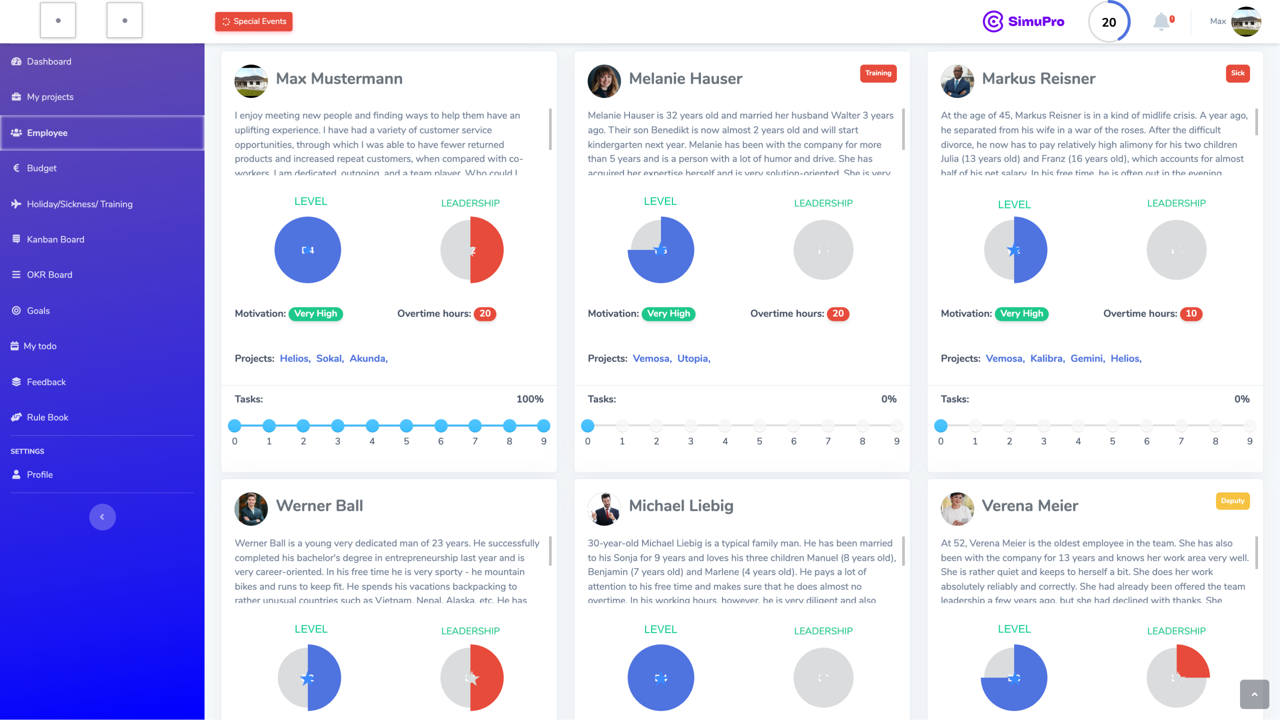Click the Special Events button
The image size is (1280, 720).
click(254, 21)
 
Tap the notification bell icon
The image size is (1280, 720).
click(1161, 21)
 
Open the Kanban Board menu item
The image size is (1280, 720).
click(55, 239)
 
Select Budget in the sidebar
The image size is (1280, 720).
click(41, 168)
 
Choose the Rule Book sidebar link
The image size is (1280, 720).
click(47, 417)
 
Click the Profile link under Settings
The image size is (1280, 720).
click(39, 475)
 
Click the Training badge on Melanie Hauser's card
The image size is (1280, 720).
click(878, 73)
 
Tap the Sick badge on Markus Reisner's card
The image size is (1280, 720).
click(1237, 73)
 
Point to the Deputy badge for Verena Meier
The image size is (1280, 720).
click(1232, 501)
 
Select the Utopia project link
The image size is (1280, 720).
click(693, 358)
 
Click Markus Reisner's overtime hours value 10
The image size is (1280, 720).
click(1191, 314)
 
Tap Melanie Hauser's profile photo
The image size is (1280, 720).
click(604, 81)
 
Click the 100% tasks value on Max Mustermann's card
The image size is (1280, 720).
click(529, 399)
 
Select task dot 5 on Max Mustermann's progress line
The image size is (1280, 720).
click(406, 426)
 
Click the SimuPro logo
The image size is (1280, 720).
click(1023, 21)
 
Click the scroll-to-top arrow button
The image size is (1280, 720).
click(1254, 694)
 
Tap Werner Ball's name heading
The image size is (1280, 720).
click(319, 506)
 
